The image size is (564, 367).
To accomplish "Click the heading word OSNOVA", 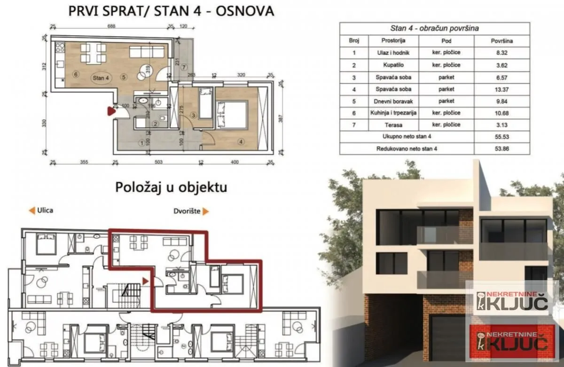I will click(x=244, y=10).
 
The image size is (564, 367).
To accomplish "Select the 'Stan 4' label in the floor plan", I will click(x=101, y=78).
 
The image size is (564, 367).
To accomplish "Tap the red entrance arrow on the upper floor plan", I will click(x=111, y=111).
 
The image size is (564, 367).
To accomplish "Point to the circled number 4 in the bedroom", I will click(x=241, y=141).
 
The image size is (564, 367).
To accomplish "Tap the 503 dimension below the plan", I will click(x=158, y=162).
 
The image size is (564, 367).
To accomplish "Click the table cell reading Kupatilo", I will click(x=393, y=65).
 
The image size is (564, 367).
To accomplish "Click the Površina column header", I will click(x=501, y=41).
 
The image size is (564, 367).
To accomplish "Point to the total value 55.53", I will click(x=501, y=137).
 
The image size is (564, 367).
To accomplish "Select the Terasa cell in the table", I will click(x=393, y=125).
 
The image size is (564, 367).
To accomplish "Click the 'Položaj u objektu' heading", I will click(x=171, y=187).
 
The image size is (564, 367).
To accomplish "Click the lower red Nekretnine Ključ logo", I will click(x=512, y=342).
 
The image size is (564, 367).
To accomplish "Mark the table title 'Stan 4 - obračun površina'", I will click(x=434, y=28).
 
